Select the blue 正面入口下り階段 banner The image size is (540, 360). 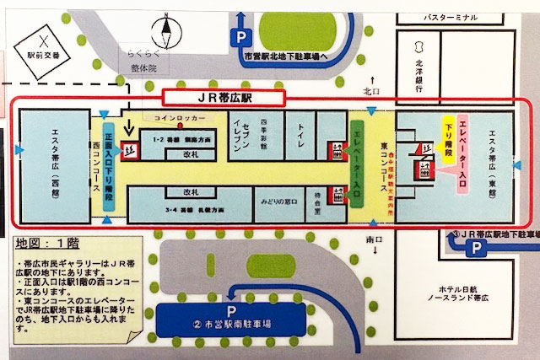pyautogui.click(x=108, y=160)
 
